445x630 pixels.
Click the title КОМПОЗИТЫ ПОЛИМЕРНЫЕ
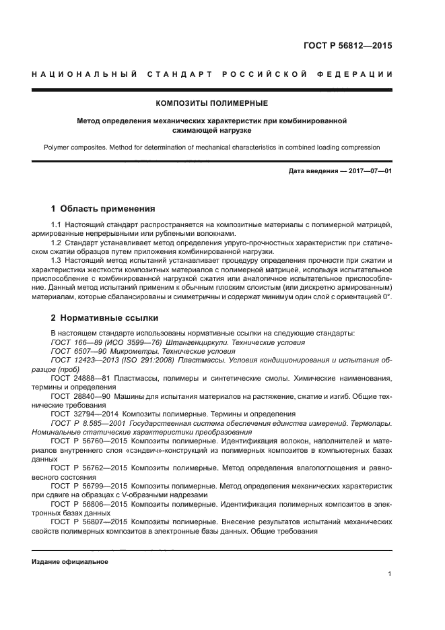pyautogui.click(x=212, y=103)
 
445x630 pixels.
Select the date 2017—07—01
pyautogui.click(x=368, y=171)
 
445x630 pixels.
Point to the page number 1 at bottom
pyautogui.click(x=390, y=574)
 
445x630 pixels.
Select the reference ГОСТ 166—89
pyautogui.click(x=72, y=342)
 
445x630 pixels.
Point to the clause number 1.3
pyautogui.click(x=56, y=259)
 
